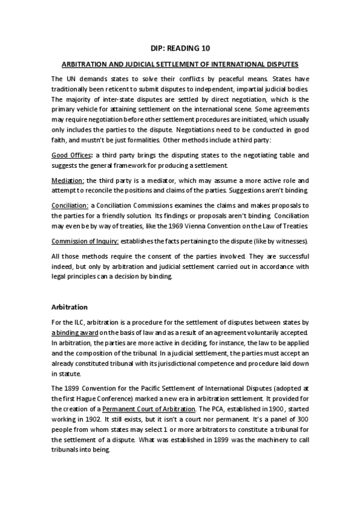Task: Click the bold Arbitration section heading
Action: pyautogui.click(x=70, y=307)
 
